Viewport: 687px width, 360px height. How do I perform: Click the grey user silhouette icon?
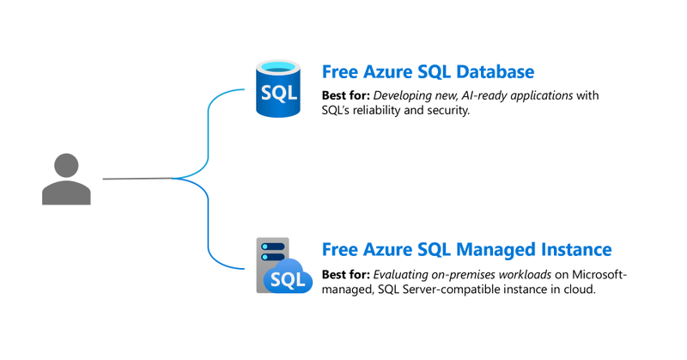[66, 180]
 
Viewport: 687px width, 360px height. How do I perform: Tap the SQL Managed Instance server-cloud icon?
[282, 266]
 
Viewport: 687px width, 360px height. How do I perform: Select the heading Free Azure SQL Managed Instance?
[466, 250]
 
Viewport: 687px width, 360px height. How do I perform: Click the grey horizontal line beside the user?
[137, 179]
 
